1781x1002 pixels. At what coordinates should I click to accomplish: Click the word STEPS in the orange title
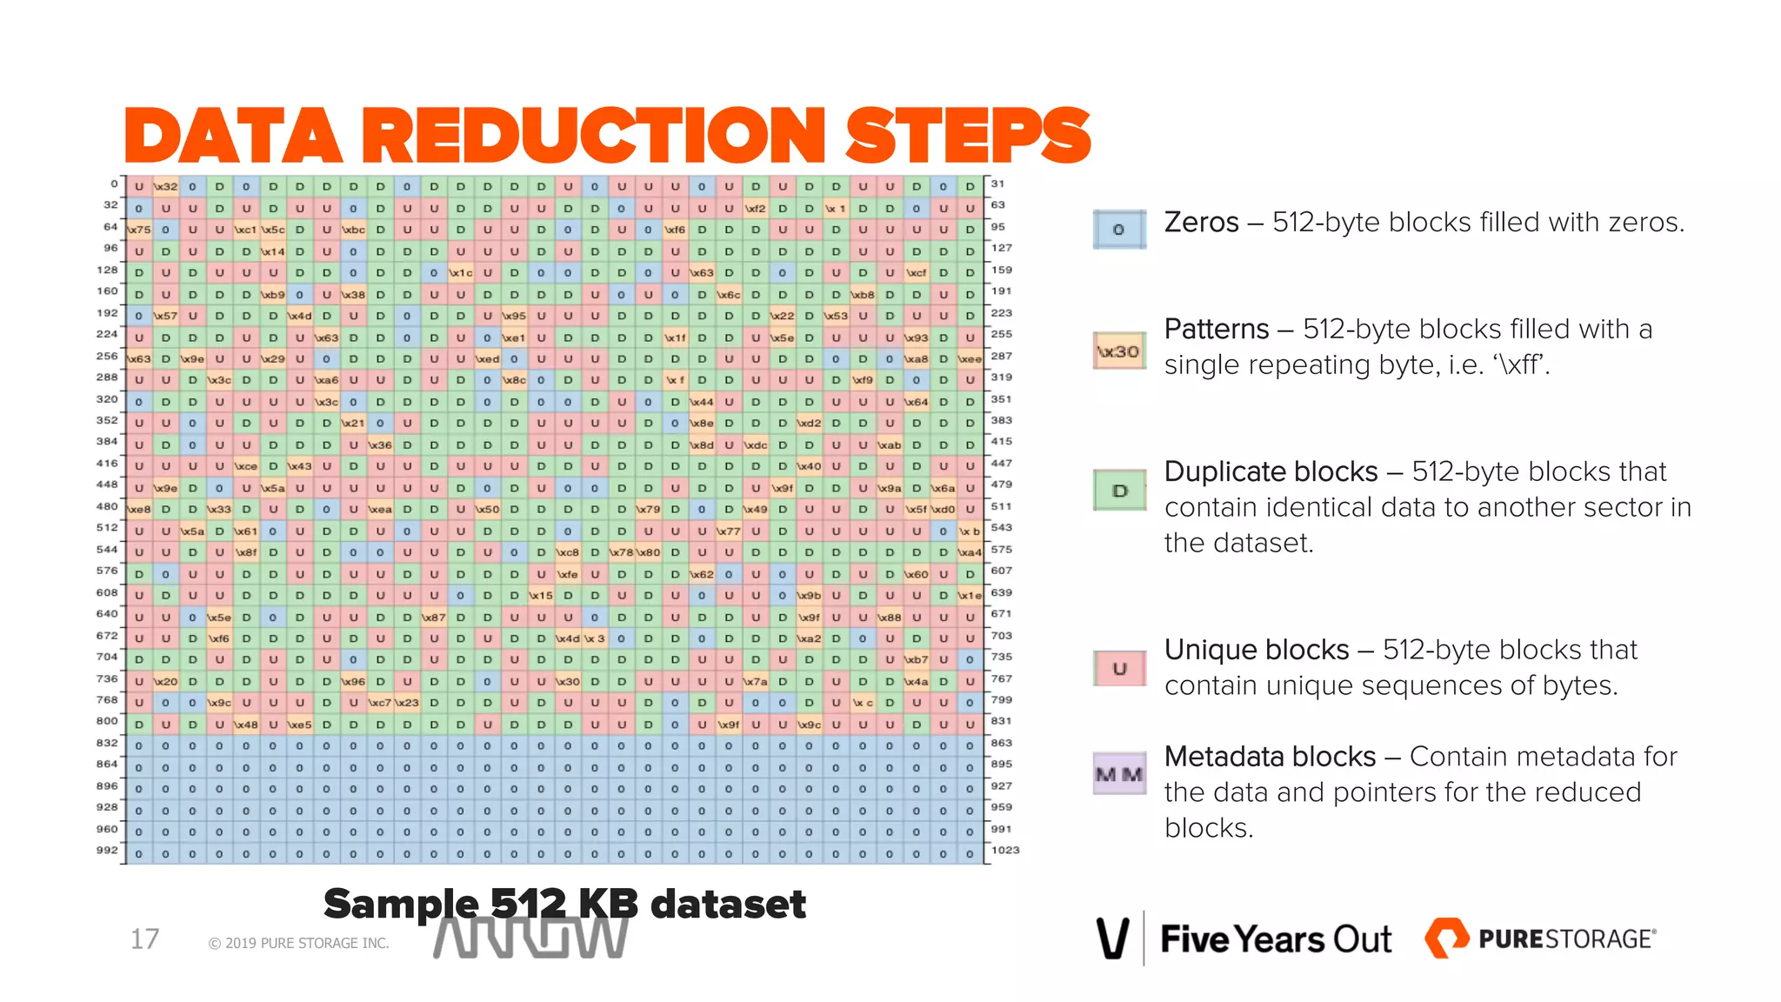[x=967, y=136]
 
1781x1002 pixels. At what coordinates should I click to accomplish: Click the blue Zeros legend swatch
[x=1118, y=230]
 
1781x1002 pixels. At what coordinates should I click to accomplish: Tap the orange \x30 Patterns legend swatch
[x=1118, y=351]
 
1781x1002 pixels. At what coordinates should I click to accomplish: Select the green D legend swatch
[x=1118, y=491]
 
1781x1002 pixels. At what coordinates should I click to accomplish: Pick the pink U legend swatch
[x=1118, y=669]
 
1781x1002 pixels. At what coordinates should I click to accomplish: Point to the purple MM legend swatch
[x=1118, y=774]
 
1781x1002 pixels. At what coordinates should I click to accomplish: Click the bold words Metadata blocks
[x=1269, y=757]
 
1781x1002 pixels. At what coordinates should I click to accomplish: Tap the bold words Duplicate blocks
[x=1271, y=471]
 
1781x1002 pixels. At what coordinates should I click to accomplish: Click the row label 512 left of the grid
[x=107, y=528]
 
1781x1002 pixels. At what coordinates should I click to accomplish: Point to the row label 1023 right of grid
[x=1005, y=850]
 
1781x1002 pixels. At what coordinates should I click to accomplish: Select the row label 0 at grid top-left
[x=114, y=184]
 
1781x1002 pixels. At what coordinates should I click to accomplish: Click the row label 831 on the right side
[x=1001, y=721]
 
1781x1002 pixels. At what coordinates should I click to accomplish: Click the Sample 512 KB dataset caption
[x=564, y=904]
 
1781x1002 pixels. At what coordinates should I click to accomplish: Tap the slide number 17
[x=144, y=939]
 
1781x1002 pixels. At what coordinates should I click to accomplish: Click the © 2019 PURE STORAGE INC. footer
[x=298, y=943]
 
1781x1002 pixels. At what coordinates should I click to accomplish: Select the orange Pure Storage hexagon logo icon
[x=1445, y=938]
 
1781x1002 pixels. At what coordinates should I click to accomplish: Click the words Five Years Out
[x=1275, y=939]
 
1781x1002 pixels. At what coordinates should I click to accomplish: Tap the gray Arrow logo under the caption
[x=530, y=939]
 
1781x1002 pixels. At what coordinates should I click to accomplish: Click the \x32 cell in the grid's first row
[x=165, y=187]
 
